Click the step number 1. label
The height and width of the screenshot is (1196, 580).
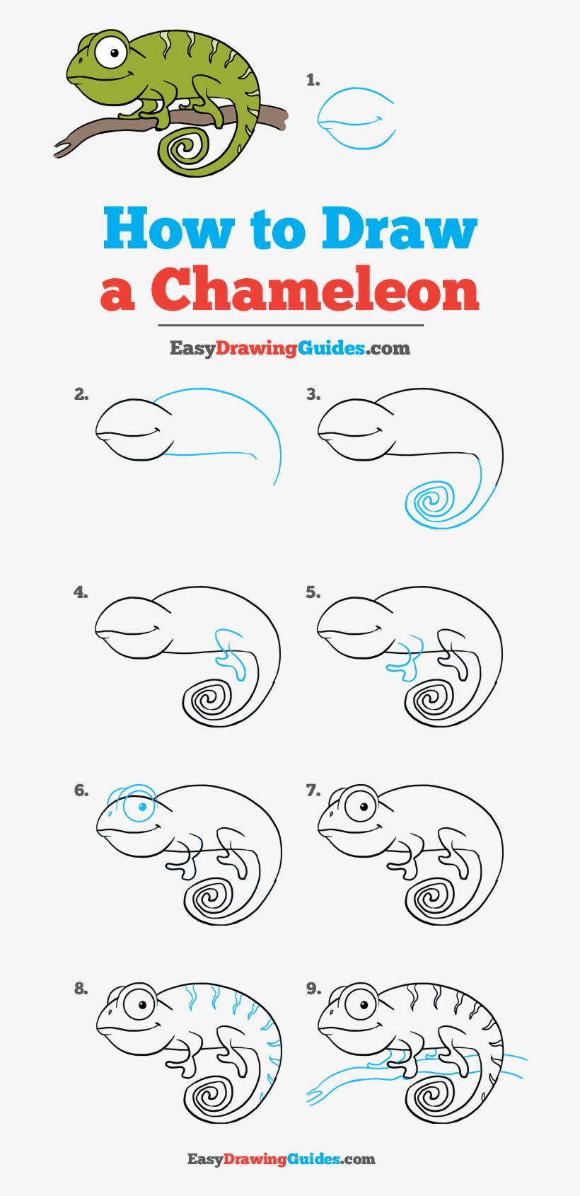(x=313, y=81)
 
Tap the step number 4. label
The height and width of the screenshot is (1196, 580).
(x=81, y=592)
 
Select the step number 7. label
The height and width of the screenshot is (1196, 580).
(x=313, y=790)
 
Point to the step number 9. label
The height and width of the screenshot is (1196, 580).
(x=313, y=989)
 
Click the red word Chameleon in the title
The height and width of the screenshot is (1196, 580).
(x=315, y=290)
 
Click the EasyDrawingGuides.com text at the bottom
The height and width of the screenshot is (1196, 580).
(x=281, y=1159)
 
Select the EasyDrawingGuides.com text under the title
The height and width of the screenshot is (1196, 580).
(x=289, y=347)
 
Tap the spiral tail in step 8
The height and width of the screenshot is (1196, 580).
(x=209, y=1096)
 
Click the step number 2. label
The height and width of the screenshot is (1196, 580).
(x=81, y=394)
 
